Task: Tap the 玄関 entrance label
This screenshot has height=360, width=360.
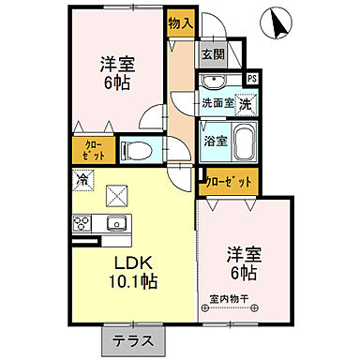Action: tap(212, 55)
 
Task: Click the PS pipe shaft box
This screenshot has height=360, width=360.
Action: tap(251, 79)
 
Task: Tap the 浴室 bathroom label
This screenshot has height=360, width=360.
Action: tap(215, 141)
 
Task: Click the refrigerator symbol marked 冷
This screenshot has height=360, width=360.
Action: tap(82, 178)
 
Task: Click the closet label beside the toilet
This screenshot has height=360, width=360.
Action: tap(94, 149)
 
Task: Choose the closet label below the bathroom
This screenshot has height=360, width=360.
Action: tap(228, 181)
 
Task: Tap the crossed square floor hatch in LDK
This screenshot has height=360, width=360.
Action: tap(119, 194)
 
